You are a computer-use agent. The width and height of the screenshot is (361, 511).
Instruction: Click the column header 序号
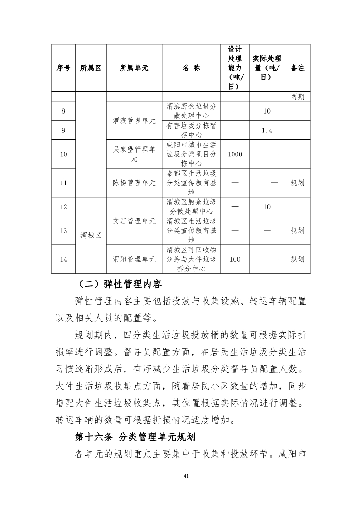pos(63,68)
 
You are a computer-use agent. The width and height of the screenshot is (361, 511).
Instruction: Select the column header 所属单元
pos(134,68)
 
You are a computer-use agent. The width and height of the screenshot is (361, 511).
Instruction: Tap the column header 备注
pos(298,68)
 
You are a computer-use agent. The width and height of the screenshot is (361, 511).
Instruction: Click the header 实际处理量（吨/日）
pos(267,68)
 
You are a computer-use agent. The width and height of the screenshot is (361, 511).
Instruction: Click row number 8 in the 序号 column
pos(63,111)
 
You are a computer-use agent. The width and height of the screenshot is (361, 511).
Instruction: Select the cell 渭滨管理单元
pos(134,121)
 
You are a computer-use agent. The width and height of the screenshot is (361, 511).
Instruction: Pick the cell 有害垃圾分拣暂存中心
pos(191,130)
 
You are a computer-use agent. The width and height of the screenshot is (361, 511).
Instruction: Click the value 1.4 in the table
pos(267,131)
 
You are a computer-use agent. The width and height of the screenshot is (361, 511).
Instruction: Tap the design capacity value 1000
pos(235,154)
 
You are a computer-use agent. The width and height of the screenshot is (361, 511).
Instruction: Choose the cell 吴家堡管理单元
pos(134,154)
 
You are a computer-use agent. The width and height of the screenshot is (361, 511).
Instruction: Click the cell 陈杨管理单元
pos(134,183)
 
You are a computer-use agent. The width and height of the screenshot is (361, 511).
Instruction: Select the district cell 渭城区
pos(91,235)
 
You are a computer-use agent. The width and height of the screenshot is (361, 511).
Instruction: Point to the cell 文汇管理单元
pos(134,221)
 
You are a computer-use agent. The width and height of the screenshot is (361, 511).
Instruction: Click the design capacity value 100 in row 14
pos(235,259)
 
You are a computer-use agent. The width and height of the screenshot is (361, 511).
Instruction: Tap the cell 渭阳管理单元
pos(134,259)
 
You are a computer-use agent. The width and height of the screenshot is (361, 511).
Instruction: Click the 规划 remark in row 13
pos(298,231)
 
